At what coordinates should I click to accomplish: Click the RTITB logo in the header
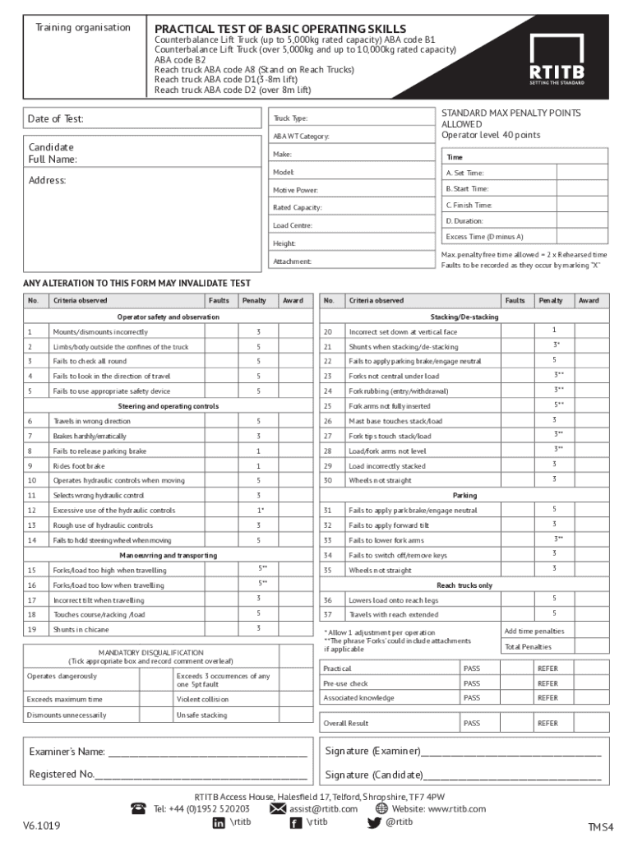click(x=559, y=60)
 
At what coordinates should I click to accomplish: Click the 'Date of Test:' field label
click(x=56, y=119)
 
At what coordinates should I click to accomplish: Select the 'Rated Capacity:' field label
click(x=297, y=208)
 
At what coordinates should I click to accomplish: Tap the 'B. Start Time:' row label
click(x=467, y=189)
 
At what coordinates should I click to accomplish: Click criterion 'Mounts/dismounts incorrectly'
click(x=100, y=332)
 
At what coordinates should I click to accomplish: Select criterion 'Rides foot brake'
click(x=79, y=466)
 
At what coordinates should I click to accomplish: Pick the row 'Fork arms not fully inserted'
click(x=389, y=406)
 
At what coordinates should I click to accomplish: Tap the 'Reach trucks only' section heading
click(x=464, y=585)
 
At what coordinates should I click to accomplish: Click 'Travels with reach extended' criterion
click(x=393, y=614)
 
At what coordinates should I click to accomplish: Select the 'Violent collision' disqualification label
click(x=202, y=700)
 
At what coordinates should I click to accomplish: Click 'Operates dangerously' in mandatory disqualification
click(x=62, y=676)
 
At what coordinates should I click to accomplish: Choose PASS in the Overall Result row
click(x=472, y=724)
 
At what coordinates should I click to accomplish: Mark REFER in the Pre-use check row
click(x=548, y=683)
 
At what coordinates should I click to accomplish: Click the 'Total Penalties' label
click(x=528, y=647)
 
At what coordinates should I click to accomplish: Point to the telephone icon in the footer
click(x=139, y=809)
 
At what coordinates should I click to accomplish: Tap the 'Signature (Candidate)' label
click(x=374, y=775)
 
